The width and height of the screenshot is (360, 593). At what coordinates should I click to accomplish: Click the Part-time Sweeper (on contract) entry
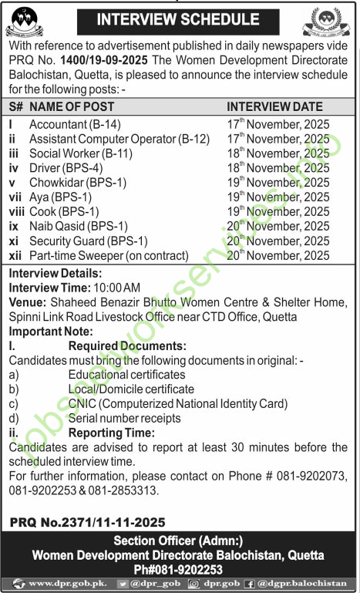click(109, 255)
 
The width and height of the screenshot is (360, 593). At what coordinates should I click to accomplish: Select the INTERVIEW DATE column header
click(275, 107)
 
